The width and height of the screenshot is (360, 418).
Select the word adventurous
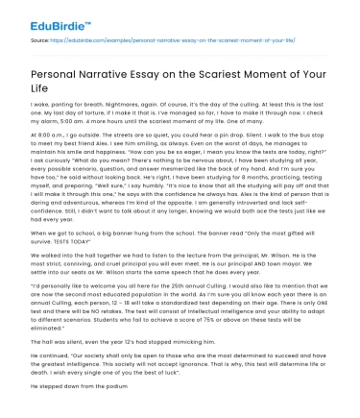tap(82, 200)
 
